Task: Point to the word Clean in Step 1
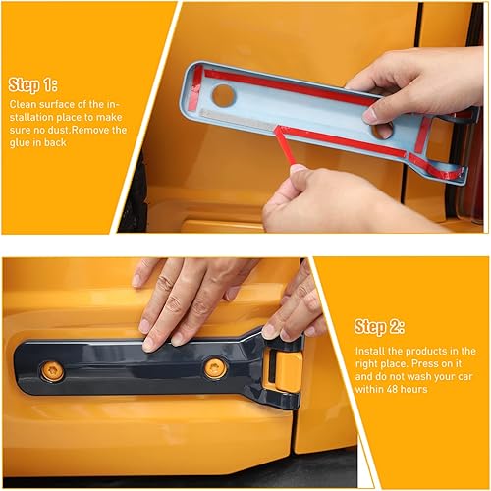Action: [24, 102]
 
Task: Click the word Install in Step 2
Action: [370, 351]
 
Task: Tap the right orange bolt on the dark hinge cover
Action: [214, 367]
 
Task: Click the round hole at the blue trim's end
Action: [224, 95]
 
